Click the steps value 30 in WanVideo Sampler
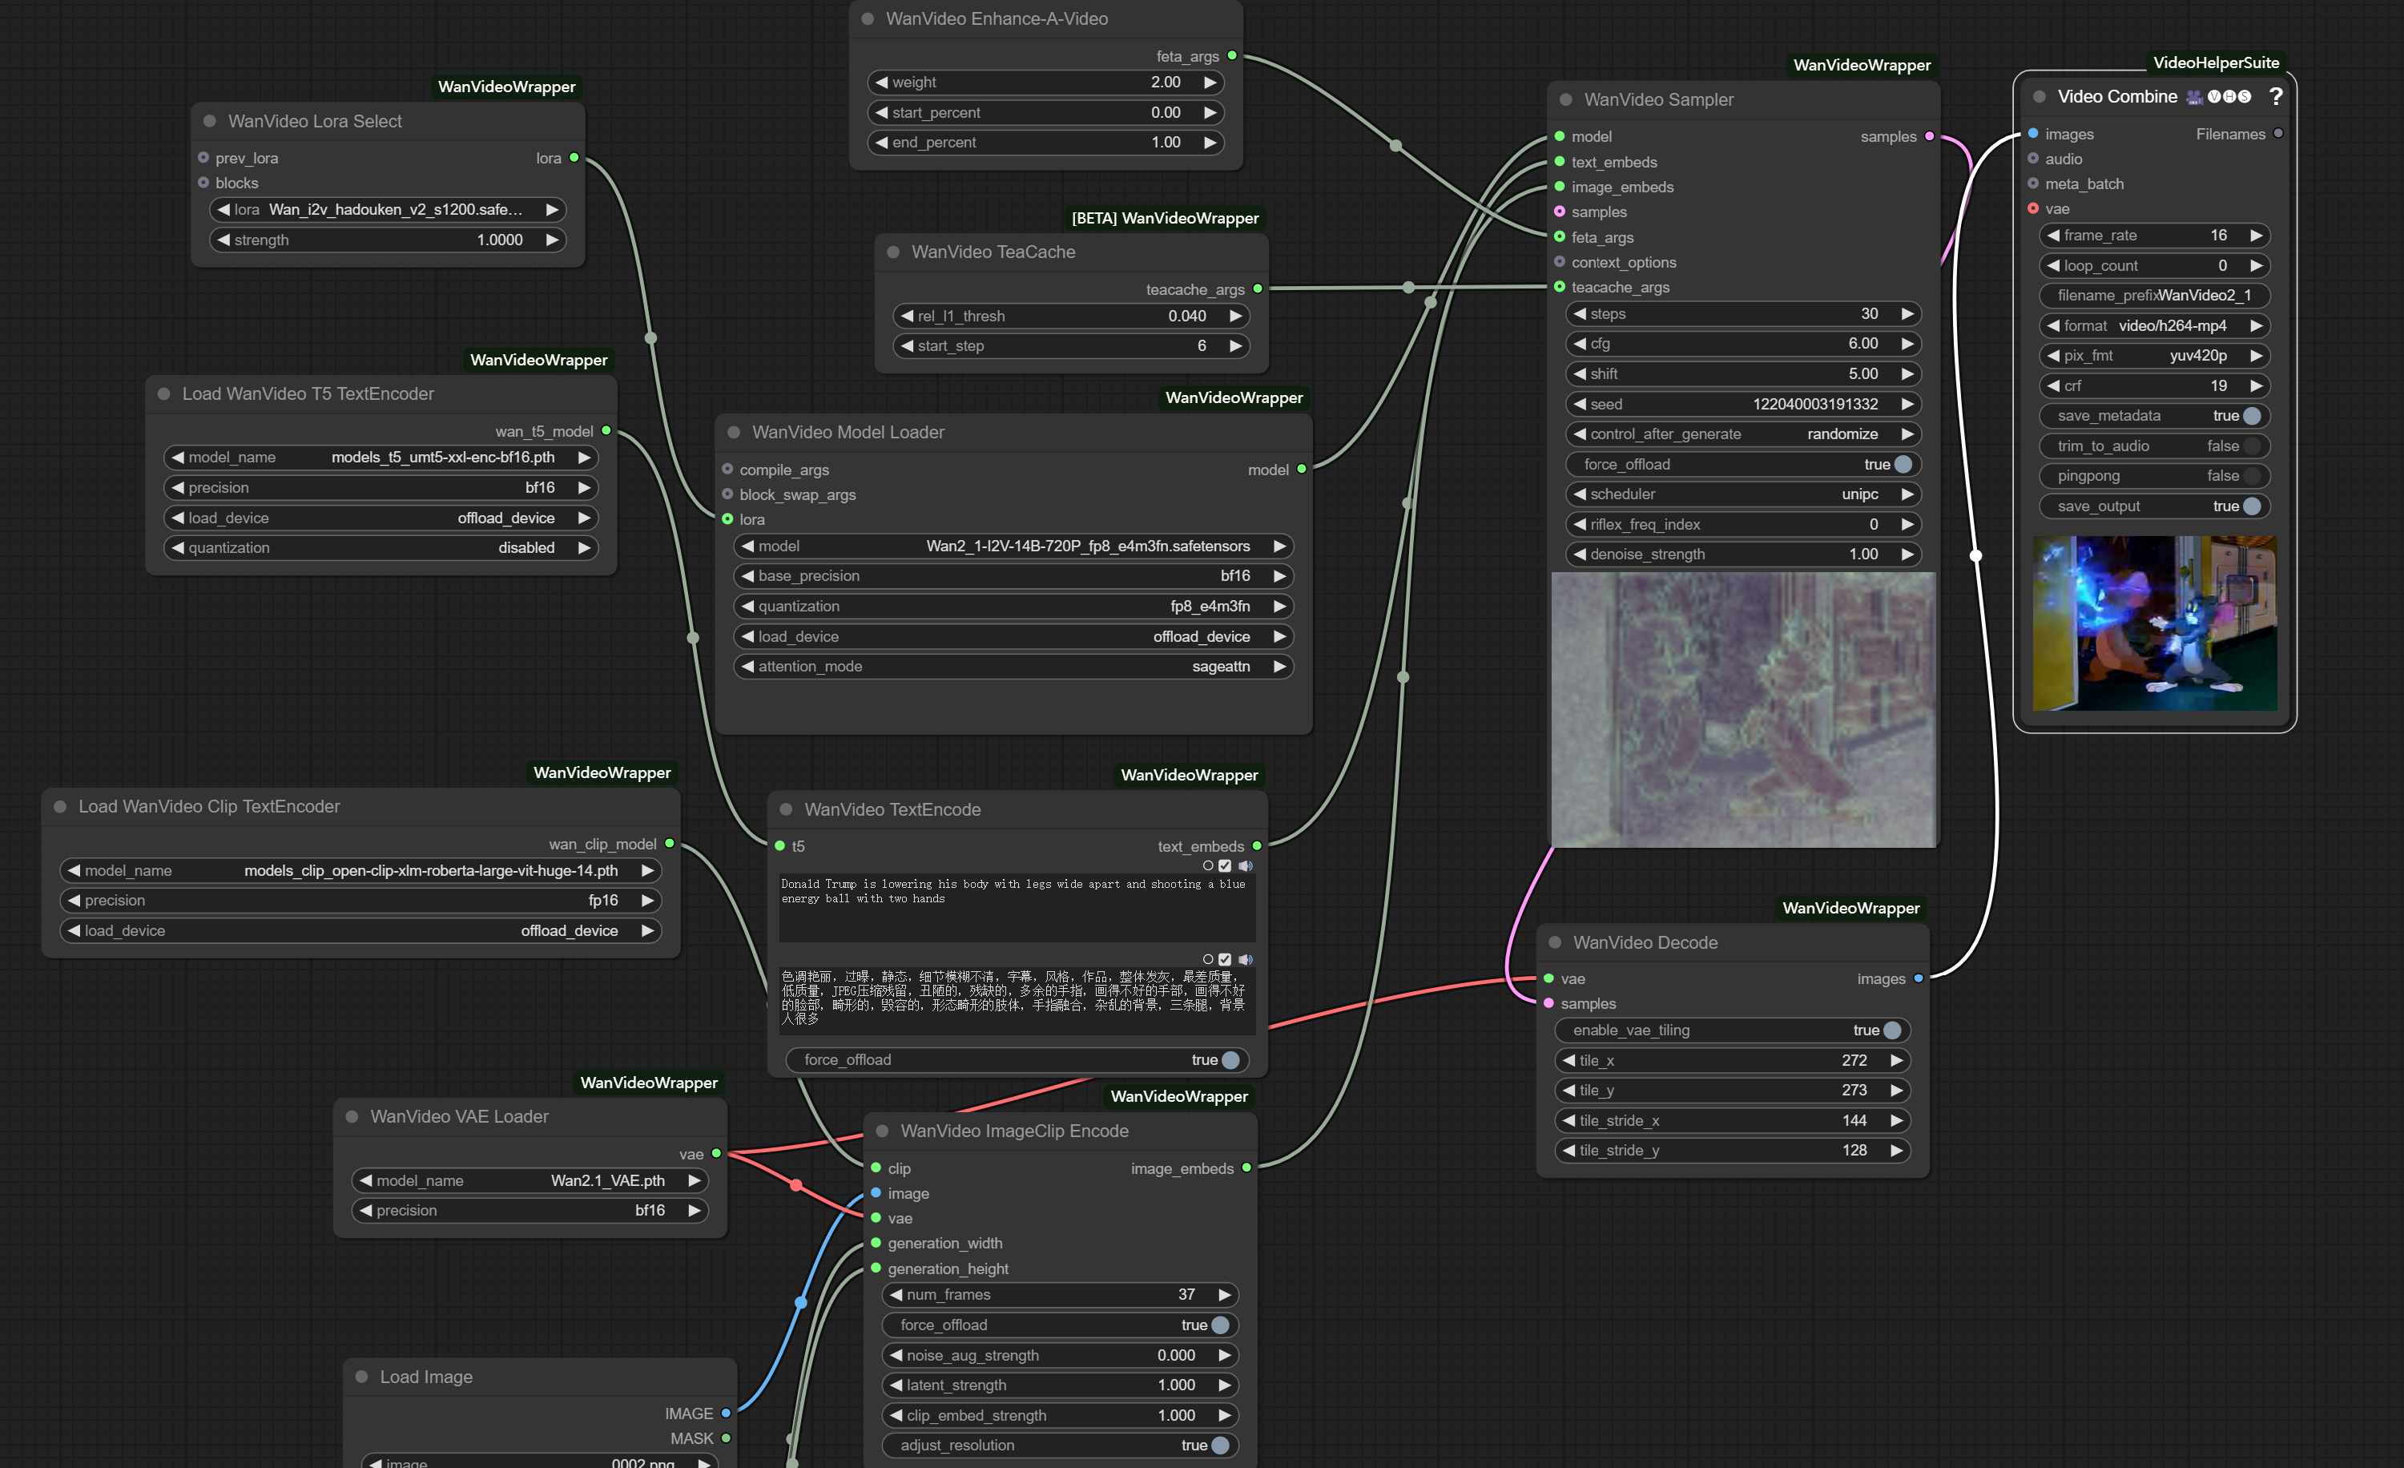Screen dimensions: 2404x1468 (1868, 313)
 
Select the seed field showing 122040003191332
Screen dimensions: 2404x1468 (1742, 404)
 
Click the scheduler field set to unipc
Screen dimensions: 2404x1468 (1742, 494)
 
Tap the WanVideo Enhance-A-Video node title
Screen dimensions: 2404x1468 (997, 18)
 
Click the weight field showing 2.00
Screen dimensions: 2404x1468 (1045, 82)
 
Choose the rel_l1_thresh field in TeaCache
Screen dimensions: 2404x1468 (1070, 315)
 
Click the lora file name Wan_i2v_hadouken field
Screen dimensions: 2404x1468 (388, 209)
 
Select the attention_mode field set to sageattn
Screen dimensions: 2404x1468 (1013, 666)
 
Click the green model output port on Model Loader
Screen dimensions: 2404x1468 (1301, 470)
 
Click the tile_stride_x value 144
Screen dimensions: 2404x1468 (1854, 1120)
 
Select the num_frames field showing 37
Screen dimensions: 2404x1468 (1060, 1294)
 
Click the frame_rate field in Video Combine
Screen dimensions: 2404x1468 (2154, 236)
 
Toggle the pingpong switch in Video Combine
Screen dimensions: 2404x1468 (2251, 475)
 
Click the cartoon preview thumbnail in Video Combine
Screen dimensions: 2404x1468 (2154, 623)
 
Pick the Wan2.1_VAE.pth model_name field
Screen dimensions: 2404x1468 (529, 1180)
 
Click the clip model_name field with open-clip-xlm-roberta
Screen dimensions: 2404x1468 (360, 869)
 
